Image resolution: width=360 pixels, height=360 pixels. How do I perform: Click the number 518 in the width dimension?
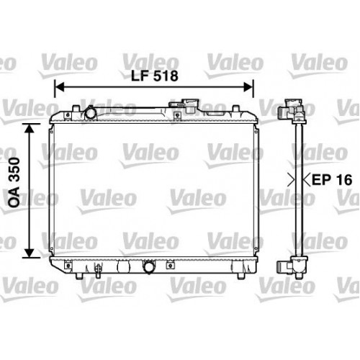coord(165,74)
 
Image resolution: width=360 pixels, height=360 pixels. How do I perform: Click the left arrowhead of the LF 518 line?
coord(58,86)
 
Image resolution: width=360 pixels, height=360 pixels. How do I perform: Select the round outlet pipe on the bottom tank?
coord(148,268)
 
